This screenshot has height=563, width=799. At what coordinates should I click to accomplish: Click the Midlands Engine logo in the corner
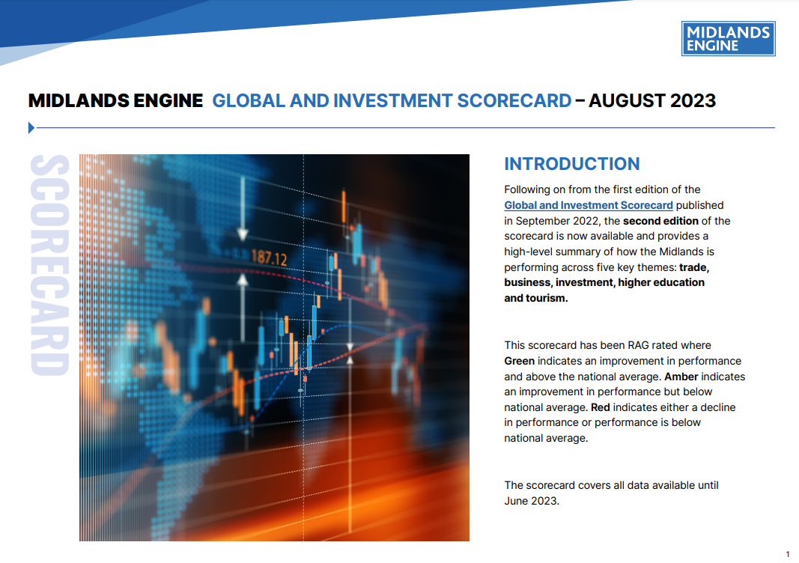coord(728,38)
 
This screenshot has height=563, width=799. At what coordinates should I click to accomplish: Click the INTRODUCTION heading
coord(571,164)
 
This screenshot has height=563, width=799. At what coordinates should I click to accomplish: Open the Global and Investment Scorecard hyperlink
coord(588,205)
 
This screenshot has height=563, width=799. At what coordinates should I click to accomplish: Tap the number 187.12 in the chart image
coord(269,259)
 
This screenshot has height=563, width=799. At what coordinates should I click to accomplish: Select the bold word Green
coord(520,361)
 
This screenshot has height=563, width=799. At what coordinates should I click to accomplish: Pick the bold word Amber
coord(681,377)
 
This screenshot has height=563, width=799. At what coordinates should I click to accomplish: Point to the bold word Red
coord(601,407)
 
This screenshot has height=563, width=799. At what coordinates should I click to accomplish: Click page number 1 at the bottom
coord(787,554)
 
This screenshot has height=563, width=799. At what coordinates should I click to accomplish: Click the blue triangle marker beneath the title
coord(31,128)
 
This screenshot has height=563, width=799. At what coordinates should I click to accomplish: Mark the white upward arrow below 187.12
coord(242,281)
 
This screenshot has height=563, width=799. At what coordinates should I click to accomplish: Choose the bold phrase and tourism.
coord(536,298)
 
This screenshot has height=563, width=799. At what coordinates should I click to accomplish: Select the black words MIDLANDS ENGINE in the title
coord(115,100)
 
